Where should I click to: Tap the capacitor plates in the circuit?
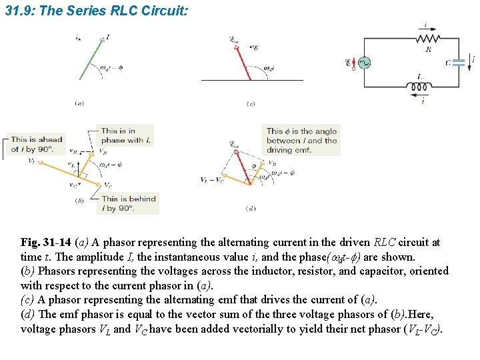[457, 63]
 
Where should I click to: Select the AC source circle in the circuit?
[364, 63]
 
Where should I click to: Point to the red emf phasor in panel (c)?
[241, 61]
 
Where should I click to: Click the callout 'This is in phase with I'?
[126, 135]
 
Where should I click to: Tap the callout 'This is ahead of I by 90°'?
[37, 144]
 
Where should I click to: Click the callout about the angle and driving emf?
[301, 141]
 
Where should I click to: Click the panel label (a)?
[79, 103]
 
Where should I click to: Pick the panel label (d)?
[251, 209]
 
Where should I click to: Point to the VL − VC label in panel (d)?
[212, 180]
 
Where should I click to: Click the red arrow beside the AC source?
[353, 63]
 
